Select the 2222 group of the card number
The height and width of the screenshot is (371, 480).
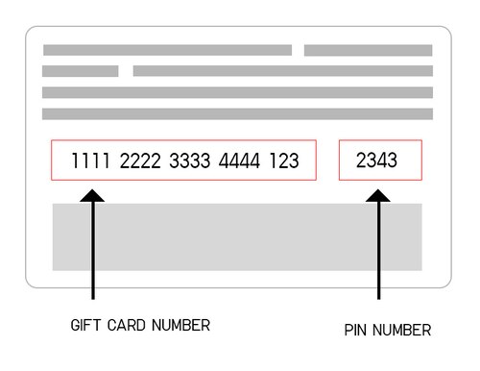click(x=141, y=161)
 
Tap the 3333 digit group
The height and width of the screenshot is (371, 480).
click(x=191, y=161)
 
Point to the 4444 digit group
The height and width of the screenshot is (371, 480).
click(x=241, y=161)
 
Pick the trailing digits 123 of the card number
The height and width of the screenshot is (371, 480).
click(x=283, y=161)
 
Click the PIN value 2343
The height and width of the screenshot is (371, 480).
click(x=375, y=161)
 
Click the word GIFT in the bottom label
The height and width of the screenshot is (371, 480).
click(x=85, y=325)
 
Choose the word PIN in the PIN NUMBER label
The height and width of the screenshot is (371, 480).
click(x=356, y=331)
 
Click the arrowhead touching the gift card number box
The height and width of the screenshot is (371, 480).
click(x=92, y=196)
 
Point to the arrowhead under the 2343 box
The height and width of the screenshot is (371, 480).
click(x=380, y=195)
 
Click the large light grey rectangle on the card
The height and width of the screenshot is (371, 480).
click(x=237, y=236)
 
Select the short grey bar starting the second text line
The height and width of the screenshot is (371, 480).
click(x=80, y=71)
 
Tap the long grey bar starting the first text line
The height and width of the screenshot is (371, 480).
click(x=167, y=50)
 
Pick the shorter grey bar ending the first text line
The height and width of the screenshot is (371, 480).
click(x=369, y=50)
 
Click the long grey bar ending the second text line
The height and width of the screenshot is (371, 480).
click(x=282, y=71)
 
